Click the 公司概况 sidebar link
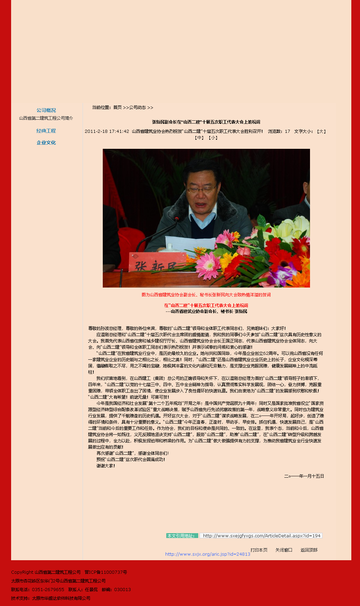tap(46, 110)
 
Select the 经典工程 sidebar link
tap(46, 131)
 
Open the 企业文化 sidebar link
tap(46, 143)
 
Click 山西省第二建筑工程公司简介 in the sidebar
tap(46, 118)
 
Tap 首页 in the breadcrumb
tap(117, 108)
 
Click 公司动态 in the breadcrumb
tap(137, 108)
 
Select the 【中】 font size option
tap(199, 138)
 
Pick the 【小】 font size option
tap(213, 138)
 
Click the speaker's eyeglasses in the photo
tap(201, 189)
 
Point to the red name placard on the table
tap(158, 263)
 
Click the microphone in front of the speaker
tap(177, 219)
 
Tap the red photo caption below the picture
tap(206, 295)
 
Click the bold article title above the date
tap(206, 122)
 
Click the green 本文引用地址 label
tap(182, 536)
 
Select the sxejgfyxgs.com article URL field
tap(261, 536)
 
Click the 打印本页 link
tap(259, 550)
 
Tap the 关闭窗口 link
tap(284, 550)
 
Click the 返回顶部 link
tap(309, 550)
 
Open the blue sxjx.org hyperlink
tap(208, 554)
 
